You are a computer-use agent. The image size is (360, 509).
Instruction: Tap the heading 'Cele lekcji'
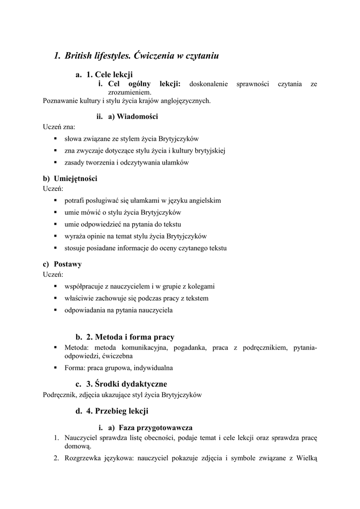pyautogui.click(x=114, y=75)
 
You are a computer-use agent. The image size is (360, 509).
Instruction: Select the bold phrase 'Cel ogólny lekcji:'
pyautogui.click(x=144, y=84)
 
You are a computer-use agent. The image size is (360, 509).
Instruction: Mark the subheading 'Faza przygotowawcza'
pyautogui.click(x=156, y=427)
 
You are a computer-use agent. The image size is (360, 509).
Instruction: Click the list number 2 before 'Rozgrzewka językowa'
pyautogui.click(x=57, y=458)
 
